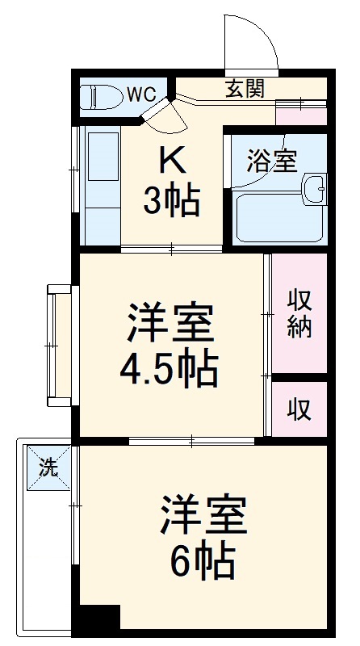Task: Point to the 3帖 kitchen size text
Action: tap(171, 202)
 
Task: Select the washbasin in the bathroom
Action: tap(313, 190)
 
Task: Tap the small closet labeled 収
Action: tap(299, 409)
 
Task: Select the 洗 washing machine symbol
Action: tap(49, 468)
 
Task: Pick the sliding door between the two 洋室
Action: tap(192, 440)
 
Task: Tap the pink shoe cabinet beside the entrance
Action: tap(302, 112)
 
